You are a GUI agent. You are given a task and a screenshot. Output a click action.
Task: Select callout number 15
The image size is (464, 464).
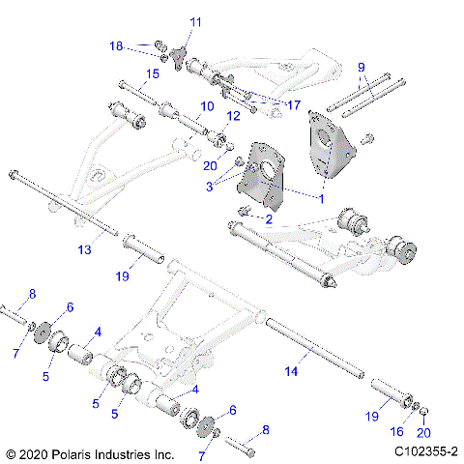(x=153, y=74)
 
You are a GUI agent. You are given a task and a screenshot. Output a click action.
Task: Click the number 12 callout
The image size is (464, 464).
(x=233, y=117)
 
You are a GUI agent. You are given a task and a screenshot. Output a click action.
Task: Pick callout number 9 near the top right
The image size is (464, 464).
(x=361, y=67)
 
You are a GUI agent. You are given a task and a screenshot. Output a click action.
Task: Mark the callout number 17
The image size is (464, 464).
(x=295, y=103)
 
